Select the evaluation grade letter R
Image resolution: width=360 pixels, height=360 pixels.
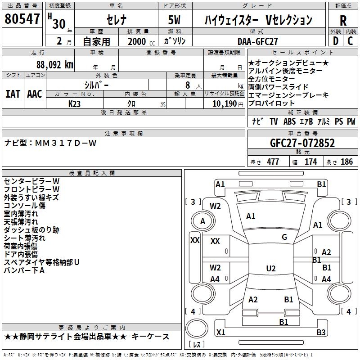(343, 21)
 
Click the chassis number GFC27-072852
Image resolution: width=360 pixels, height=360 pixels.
(302, 143)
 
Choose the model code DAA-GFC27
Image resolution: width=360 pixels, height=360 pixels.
(257, 41)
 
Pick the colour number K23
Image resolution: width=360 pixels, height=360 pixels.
(75, 103)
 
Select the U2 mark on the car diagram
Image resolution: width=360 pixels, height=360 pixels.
(270, 269)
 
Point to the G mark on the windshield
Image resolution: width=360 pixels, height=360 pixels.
(284, 237)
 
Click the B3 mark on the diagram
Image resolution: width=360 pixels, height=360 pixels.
(321, 333)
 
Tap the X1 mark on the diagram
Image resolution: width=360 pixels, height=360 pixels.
(220, 333)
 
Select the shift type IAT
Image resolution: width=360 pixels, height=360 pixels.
(13, 94)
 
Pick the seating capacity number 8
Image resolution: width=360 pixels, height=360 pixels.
(187, 85)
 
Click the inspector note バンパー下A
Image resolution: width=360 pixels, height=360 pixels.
(25, 270)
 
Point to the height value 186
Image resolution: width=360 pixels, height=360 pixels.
(346, 162)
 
